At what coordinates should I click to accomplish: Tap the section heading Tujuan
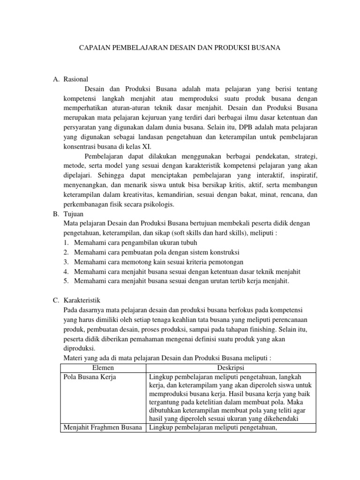point(74,214)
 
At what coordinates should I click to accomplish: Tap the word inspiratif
point(301,175)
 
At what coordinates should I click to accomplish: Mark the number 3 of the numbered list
point(66,262)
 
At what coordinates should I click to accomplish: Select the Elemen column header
point(104,367)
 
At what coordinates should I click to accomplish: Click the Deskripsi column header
point(231,367)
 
